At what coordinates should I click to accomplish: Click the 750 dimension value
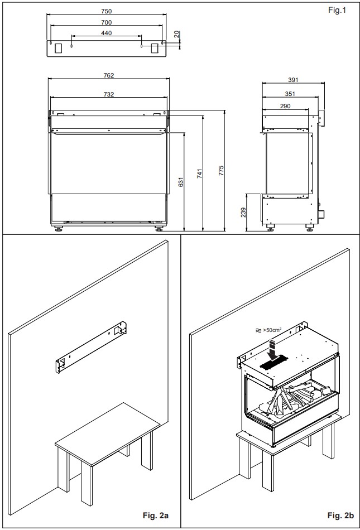[106, 11]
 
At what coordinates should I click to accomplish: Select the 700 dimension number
[106, 22]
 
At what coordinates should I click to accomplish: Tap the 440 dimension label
[106, 33]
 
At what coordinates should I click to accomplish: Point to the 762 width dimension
[108, 75]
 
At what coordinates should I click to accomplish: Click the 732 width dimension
[108, 94]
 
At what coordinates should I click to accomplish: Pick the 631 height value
[181, 182]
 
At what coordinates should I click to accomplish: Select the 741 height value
[200, 174]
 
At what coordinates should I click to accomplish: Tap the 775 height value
[222, 170]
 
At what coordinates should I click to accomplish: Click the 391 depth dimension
[293, 80]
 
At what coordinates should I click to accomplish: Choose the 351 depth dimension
[290, 94]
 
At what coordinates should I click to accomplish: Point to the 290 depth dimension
[285, 106]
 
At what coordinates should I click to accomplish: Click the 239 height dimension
[243, 212]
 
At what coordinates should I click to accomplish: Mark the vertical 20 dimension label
[176, 34]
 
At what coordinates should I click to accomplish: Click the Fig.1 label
[337, 10]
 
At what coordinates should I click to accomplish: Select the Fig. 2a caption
[156, 515]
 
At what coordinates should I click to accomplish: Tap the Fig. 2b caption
[340, 515]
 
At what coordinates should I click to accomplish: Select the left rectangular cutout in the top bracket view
[59, 48]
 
